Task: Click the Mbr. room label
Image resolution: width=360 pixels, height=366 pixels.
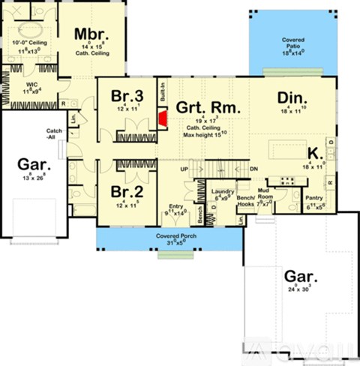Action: click(93, 35)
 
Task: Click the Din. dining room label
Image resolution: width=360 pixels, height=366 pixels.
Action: click(291, 97)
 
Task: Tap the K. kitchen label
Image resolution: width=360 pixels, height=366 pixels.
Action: click(316, 152)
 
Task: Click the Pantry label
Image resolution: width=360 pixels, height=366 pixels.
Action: click(314, 199)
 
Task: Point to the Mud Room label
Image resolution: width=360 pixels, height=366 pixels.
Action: click(264, 193)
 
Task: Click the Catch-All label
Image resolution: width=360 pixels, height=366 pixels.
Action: click(53, 132)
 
